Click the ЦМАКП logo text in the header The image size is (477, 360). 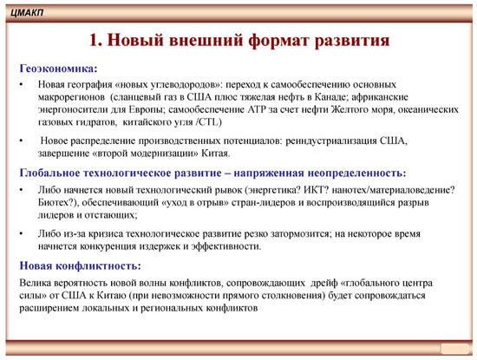27,13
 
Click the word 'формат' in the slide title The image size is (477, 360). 278,40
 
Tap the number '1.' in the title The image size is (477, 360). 96,40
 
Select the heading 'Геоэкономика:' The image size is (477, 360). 58,69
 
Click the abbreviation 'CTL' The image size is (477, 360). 209,122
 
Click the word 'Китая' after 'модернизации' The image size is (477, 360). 215,153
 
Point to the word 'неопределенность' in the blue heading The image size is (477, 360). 357,173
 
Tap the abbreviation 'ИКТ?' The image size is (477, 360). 316,190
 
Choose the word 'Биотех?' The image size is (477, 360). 58,202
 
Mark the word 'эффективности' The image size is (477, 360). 226,246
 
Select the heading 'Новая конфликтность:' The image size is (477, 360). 81,265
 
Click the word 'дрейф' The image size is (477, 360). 324,283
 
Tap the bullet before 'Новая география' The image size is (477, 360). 22,84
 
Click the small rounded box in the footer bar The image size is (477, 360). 454,349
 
